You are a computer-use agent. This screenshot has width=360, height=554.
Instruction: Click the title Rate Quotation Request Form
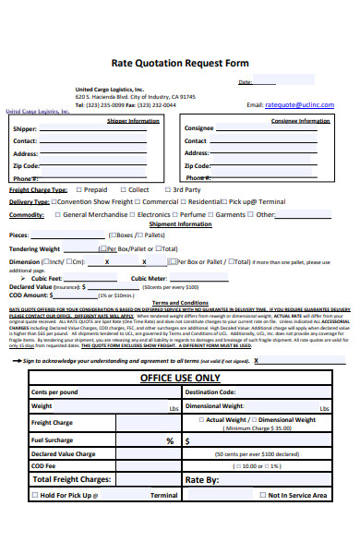179,64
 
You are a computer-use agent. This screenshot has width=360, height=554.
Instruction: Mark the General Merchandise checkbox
57,214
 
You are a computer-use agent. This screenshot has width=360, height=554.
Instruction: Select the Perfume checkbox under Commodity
174,214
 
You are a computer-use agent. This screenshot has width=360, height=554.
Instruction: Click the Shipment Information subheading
179,224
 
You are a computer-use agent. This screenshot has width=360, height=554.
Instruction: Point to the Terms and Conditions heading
179,302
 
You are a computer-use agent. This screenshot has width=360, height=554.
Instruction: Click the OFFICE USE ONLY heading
179,353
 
